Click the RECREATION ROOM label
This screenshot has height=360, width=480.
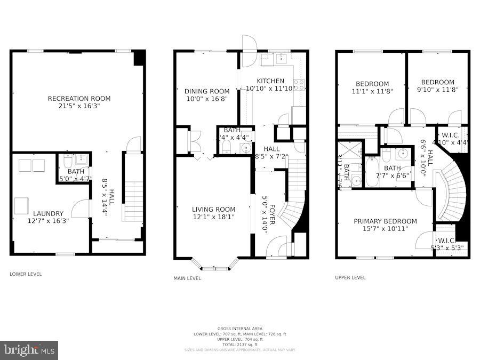pyautogui.click(x=79, y=98)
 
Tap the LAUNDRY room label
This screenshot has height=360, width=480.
pyautogui.click(x=49, y=213)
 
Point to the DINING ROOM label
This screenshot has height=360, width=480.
pyautogui.click(x=207, y=91)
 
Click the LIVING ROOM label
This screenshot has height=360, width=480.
pyautogui.click(x=213, y=209)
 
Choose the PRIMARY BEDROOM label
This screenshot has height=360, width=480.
pyautogui.click(x=385, y=221)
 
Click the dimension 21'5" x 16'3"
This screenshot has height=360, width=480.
pyautogui.click(x=79, y=106)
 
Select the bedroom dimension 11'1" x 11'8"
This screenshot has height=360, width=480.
pyautogui.click(x=372, y=92)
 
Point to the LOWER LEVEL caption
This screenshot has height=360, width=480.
pyautogui.click(x=26, y=274)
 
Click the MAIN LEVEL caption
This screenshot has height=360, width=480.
pyautogui.click(x=187, y=278)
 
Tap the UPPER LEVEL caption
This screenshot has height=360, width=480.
pyautogui.click(x=350, y=277)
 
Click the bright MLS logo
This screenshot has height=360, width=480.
pyautogui.click(x=30, y=350)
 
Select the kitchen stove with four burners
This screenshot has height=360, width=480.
pyautogui.click(x=298, y=84)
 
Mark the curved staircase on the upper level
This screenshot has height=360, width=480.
pyautogui.click(x=451, y=195)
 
